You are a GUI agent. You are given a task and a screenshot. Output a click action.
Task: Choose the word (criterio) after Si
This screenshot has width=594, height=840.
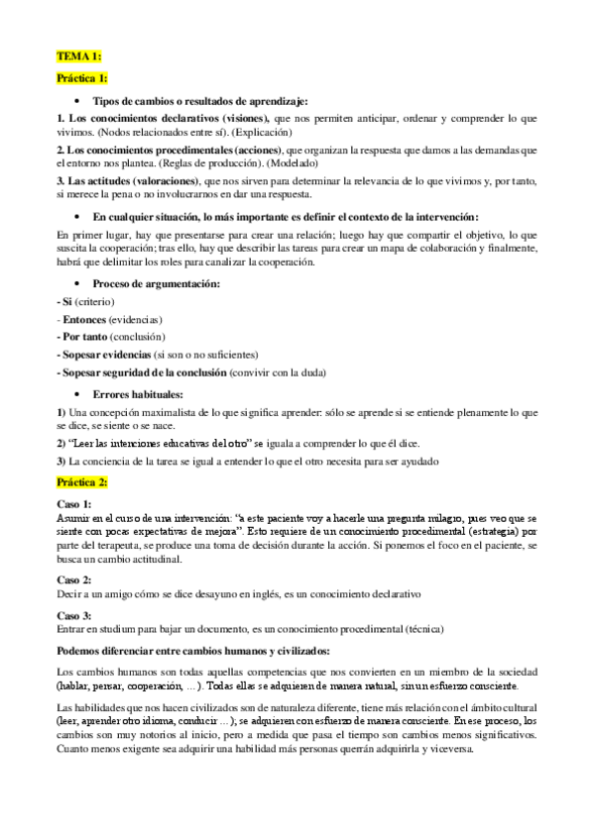click(x=96, y=300)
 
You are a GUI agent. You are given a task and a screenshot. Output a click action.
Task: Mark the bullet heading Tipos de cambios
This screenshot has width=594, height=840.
click(x=199, y=101)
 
